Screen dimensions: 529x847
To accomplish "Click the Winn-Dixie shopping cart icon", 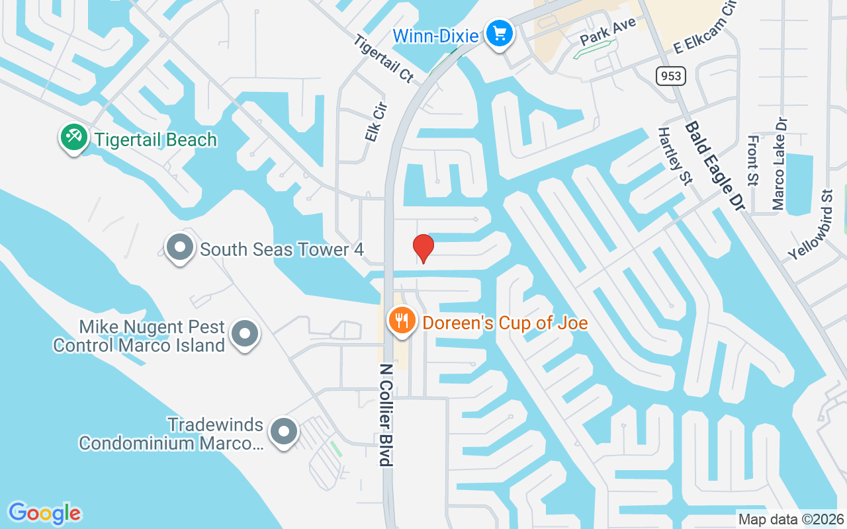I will point(500,32).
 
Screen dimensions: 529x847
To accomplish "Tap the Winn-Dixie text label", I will point(435,36).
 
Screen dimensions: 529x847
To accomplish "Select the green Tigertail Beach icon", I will point(73,137).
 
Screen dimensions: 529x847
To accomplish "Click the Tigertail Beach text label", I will point(156,140).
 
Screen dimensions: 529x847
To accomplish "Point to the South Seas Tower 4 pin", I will point(179,248).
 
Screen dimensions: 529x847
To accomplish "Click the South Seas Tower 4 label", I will point(282,249).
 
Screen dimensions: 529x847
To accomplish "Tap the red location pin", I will point(423,248).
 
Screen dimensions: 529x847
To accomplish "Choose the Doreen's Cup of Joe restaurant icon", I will point(401,321).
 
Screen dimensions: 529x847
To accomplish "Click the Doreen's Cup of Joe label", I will point(505,323).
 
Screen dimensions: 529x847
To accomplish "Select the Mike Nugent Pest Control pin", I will point(245,333).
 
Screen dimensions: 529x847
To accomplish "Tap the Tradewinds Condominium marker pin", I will point(285,432).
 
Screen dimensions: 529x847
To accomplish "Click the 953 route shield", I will point(670,76).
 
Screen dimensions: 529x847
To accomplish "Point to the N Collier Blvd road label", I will point(386,414).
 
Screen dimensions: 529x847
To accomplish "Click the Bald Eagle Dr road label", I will point(715,165).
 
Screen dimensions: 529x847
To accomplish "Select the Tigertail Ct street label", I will point(383,59).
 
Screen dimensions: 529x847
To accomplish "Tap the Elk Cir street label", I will point(376,120).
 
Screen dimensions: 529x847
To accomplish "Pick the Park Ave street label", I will point(607,31).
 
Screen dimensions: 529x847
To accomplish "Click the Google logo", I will point(44,513).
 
